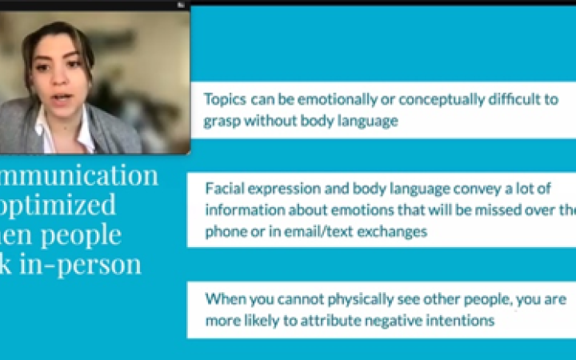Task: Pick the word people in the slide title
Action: click(83, 235)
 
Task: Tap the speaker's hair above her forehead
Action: click(56, 34)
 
